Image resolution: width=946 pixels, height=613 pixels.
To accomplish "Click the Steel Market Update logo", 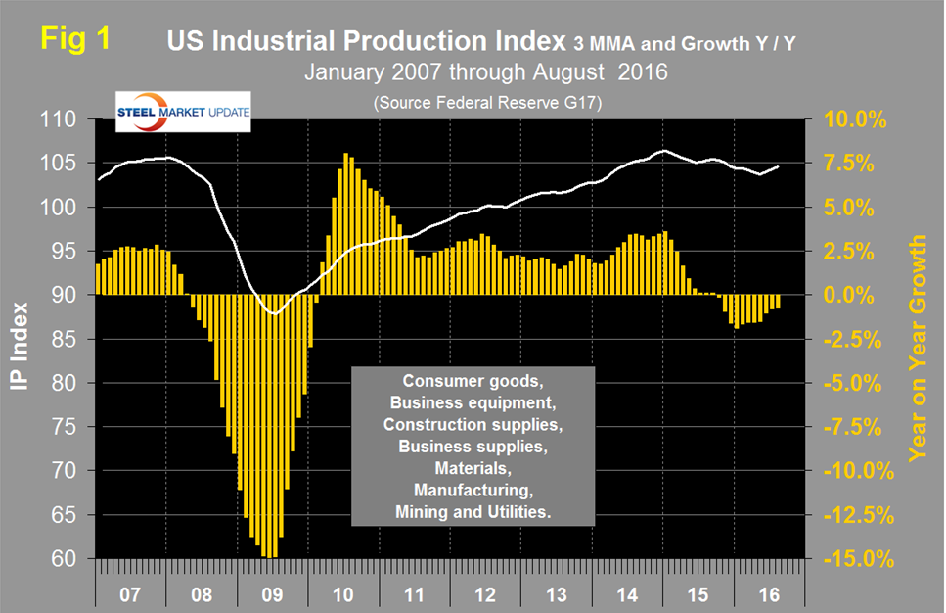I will (182, 112).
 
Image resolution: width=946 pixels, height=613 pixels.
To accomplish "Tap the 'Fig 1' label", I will (74, 40).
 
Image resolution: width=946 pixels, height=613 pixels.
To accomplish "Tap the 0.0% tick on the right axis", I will (855, 295).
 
